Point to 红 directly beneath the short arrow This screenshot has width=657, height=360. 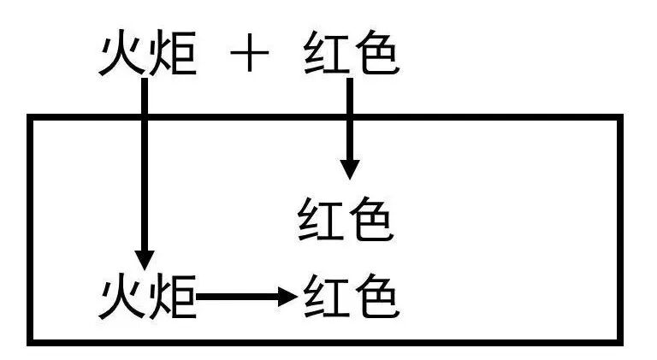click(x=320, y=221)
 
